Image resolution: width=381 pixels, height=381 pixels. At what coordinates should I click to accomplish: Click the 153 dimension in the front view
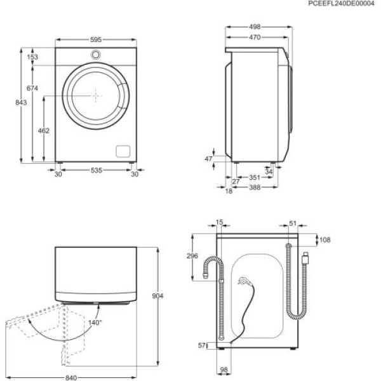tap(32, 57)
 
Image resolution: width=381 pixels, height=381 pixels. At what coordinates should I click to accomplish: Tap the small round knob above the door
tap(96, 54)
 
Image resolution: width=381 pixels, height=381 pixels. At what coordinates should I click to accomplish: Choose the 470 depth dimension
tap(255, 37)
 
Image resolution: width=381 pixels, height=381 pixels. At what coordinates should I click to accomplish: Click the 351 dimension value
tap(254, 178)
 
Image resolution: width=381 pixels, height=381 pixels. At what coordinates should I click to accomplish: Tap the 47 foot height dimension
tap(208, 160)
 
